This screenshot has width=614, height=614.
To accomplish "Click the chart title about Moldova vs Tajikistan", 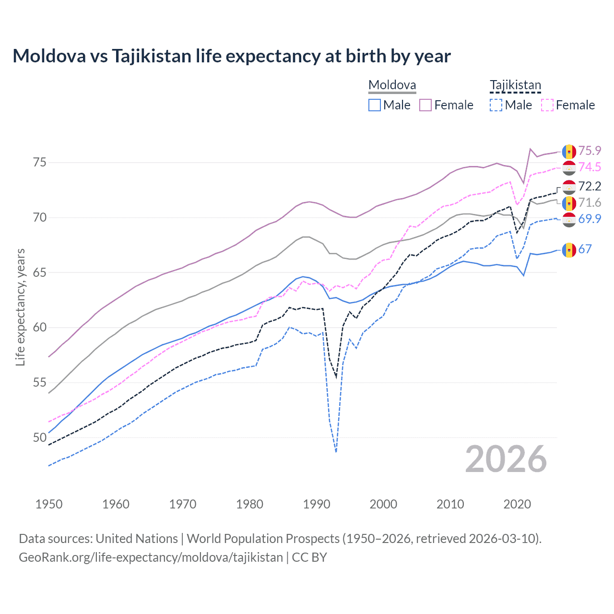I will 232,56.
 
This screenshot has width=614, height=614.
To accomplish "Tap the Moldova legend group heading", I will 392,85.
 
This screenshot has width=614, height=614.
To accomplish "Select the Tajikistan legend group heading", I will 515,85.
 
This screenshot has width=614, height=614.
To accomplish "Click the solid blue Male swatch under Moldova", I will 375,105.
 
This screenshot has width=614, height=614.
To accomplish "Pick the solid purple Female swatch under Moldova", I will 425,105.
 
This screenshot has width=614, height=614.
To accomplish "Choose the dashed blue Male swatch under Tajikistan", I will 496,105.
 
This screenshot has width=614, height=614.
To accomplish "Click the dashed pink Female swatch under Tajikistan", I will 547,105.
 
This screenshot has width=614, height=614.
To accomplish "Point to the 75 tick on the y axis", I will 40,163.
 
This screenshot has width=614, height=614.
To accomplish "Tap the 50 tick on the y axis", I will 40,437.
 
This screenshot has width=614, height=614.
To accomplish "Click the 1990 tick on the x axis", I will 317,504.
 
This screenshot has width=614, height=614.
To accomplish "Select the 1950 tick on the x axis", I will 49,504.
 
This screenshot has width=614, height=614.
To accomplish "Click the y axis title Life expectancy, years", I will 20,307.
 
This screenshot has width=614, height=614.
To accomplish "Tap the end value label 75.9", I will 590,151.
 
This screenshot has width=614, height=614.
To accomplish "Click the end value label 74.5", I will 590,167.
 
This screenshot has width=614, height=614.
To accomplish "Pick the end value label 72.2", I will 590,186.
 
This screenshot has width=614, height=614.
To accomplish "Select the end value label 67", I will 585,249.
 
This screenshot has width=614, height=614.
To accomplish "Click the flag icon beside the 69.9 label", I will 569,219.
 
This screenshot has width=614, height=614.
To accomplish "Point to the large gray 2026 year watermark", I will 506,459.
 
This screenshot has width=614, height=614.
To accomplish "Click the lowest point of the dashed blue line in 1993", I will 336,452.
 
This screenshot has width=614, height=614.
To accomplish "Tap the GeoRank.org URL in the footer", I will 151,557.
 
